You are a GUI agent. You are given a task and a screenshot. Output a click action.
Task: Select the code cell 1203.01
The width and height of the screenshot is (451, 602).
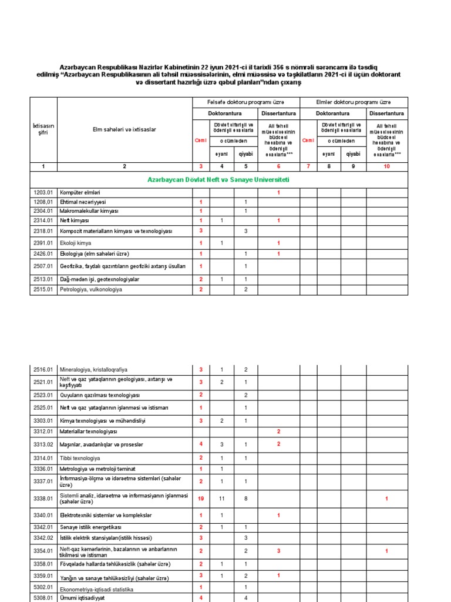[x=43, y=193]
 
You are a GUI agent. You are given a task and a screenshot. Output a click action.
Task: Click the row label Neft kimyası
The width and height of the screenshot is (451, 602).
[x=74, y=220]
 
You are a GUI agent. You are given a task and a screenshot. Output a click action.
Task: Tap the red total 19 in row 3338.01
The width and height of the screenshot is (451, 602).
[x=201, y=499]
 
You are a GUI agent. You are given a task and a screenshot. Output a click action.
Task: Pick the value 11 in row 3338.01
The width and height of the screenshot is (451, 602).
[x=221, y=499]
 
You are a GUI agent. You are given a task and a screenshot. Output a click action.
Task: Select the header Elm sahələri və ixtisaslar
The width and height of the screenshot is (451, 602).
[x=124, y=129]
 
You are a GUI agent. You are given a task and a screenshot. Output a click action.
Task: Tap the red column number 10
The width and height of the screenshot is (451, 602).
[x=386, y=167]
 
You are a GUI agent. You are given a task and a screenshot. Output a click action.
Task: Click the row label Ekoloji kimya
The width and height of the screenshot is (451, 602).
[x=76, y=243]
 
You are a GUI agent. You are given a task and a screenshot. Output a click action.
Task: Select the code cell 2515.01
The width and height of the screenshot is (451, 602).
[x=43, y=290]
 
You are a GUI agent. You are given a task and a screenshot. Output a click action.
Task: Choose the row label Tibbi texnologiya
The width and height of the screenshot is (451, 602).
[x=80, y=458]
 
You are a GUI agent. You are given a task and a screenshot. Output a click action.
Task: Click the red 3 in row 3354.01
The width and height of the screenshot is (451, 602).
[x=278, y=550]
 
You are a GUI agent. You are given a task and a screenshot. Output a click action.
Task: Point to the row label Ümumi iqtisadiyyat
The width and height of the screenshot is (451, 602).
[x=82, y=598]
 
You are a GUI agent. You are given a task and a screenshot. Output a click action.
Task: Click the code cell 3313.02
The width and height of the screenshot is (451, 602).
[x=43, y=444]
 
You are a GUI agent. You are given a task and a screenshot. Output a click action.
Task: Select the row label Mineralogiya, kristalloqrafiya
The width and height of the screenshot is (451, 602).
[x=93, y=370]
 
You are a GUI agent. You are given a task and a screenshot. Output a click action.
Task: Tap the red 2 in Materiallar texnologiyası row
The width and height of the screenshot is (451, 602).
[x=278, y=432]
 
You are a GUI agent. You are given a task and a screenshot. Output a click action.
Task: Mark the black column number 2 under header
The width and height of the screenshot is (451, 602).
[x=124, y=167]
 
